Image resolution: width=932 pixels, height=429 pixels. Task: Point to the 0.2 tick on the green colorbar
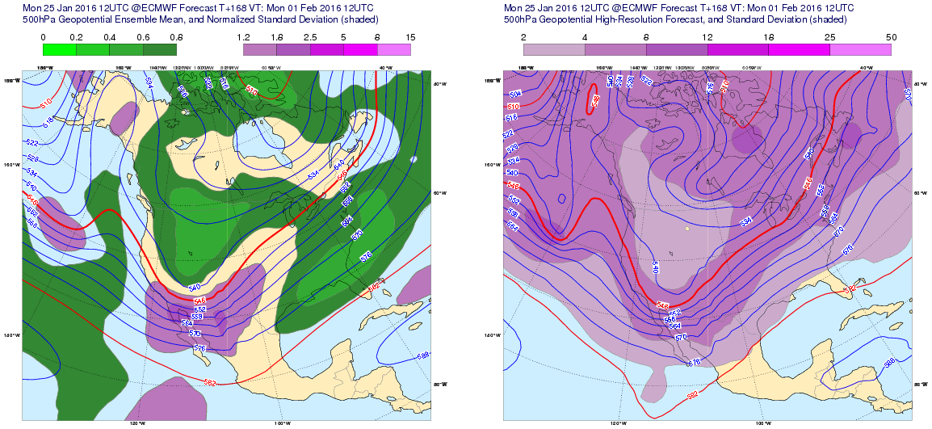click(76, 38)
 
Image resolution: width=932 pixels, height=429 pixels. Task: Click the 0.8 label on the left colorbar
click(177, 38)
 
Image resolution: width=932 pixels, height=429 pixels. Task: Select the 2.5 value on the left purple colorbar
click(310, 38)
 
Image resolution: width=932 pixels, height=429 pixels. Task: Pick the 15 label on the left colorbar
click(410, 38)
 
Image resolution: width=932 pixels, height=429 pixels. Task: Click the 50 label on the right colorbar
click(891, 38)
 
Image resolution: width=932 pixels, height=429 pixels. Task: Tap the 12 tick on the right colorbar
click(707, 38)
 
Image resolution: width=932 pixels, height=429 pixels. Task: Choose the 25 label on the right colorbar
click(829, 38)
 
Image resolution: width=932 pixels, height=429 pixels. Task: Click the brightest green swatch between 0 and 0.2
click(59, 49)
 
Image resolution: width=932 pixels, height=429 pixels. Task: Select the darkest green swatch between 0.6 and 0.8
click(160, 49)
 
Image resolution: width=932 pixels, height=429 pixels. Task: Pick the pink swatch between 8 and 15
click(393, 49)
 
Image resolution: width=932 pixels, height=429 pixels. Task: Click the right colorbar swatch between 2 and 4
click(554, 49)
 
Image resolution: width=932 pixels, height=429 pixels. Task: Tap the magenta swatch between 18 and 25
click(799, 49)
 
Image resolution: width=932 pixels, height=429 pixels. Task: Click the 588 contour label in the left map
click(423, 355)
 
